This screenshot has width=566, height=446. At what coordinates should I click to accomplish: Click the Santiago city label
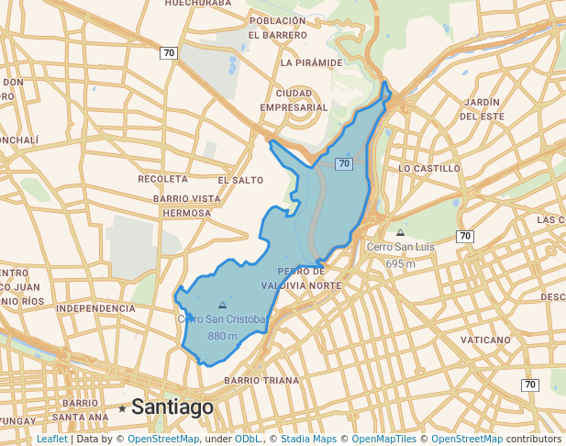172,407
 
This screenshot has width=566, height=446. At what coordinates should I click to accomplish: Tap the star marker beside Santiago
122,407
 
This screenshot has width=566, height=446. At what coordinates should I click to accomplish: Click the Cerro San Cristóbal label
222,318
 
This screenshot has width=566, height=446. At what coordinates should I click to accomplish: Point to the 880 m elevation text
223,336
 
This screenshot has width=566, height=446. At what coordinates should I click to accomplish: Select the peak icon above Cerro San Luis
400,232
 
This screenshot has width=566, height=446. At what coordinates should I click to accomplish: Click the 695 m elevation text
400,263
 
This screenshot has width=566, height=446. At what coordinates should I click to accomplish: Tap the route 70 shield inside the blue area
344,163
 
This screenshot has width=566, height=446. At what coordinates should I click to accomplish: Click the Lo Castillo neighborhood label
429,169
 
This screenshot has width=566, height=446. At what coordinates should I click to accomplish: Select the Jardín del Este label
482,108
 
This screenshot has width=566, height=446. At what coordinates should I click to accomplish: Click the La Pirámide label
312,63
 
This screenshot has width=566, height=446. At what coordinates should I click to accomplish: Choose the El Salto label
240,180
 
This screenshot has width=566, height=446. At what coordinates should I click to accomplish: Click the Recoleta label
162,179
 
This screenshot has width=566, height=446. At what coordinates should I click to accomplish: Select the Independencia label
96,309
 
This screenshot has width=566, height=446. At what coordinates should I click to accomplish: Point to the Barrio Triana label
261,380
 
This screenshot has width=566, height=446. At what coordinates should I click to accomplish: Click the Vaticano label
485,340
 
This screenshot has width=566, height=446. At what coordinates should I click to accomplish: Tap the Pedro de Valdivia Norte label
308,278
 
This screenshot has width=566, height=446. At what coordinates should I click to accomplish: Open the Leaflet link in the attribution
52,439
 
